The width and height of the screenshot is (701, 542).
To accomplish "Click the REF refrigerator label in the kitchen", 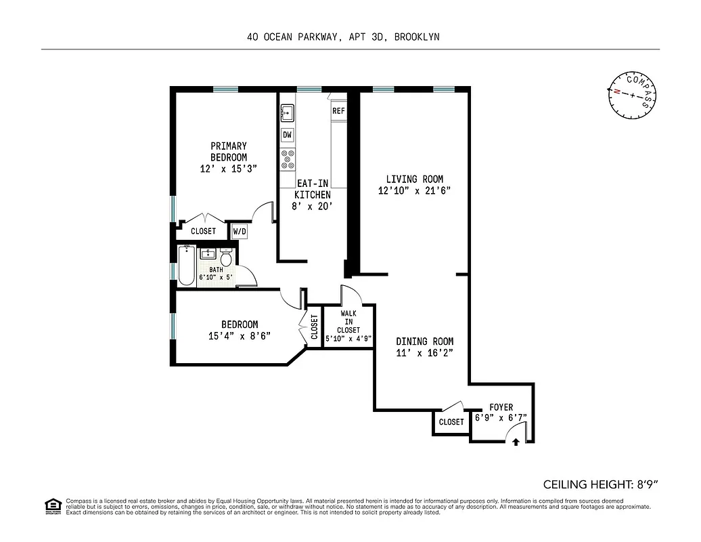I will coord(338,110).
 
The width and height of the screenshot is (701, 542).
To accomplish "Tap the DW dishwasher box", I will coord(288,135).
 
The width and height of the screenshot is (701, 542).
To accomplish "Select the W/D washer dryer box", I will coord(240,231).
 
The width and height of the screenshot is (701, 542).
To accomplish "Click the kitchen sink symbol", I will coord(287,112).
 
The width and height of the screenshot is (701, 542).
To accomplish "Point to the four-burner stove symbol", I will coord(288,158).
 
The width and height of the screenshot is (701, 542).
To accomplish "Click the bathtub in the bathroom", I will coord(186,265).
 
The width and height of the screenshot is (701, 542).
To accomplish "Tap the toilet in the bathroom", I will coord(227,258).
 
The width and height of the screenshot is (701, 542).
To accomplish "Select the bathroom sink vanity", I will coord(208,255).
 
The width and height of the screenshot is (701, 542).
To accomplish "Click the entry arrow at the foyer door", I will coord(516,441).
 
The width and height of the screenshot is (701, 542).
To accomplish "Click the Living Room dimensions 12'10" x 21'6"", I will coord(414,190).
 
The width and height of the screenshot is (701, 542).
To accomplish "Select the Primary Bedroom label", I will coord(228,151).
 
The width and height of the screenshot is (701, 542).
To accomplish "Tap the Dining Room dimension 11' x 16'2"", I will coord(424,353).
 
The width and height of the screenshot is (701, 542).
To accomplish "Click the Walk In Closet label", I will coord(348,322).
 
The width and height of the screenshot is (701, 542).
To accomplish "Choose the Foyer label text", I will coord(501,407).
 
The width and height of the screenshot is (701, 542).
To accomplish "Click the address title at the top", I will coord(343,37).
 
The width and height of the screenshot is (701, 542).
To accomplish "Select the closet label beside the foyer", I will coord(451,422).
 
